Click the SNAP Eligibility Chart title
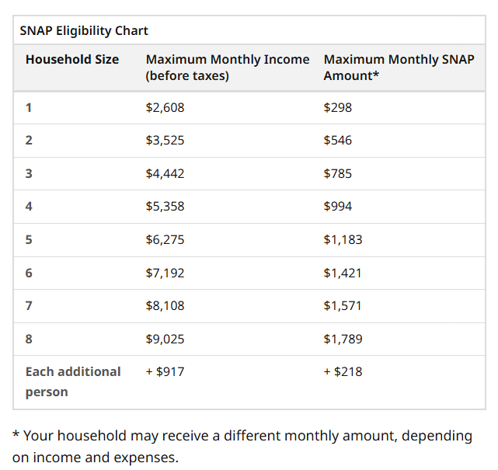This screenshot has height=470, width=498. [84, 31]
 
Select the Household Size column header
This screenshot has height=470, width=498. [72, 60]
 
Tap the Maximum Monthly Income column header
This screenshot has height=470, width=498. [227, 68]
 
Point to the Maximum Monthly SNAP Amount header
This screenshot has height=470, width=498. [399, 68]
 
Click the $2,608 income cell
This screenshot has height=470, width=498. [165, 107]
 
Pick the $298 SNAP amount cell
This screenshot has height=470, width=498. [337, 107]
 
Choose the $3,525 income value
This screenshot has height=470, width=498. [165, 141]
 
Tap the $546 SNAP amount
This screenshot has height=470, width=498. [337, 141]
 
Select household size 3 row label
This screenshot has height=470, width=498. [29, 173]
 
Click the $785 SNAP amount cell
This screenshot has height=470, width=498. [337, 173]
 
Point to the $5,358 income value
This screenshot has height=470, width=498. [165, 207]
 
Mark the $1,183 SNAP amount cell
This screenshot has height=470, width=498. [343, 239]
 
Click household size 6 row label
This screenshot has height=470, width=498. [29, 273]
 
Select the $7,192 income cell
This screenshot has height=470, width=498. [165, 273]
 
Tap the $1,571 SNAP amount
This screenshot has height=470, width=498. [343, 305]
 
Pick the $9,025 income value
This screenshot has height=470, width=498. [165, 339]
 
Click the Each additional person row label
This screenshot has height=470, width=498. [72, 381]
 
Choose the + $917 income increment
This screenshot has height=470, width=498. [165, 371]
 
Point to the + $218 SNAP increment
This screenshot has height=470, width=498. [343, 371]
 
